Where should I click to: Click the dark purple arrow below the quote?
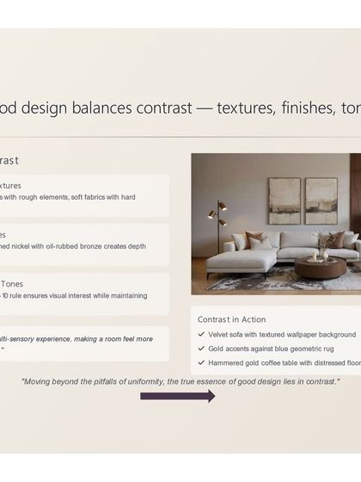point(177,396)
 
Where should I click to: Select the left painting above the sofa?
point(284,201)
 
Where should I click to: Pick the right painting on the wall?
point(321,201)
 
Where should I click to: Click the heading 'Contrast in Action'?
point(231,319)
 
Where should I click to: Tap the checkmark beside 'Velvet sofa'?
point(200,334)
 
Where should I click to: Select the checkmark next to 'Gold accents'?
point(200,349)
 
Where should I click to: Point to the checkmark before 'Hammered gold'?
point(200,363)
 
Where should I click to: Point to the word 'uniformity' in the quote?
point(155,380)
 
